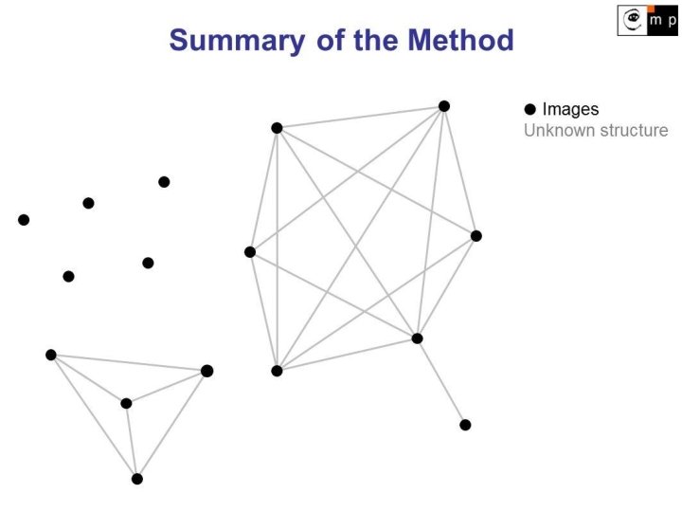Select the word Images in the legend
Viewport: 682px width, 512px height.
(x=570, y=110)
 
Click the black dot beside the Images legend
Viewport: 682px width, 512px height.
(x=530, y=110)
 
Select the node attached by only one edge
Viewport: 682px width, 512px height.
(x=465, y=425)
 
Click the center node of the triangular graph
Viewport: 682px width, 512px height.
(x=126, y=403)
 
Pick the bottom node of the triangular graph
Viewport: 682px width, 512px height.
(x=137, y=479)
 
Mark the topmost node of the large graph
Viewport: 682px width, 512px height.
(x=444, y=106)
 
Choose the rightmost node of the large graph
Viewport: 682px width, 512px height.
(x=476, y=236)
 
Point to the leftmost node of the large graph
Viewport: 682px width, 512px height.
(x=250, y=252)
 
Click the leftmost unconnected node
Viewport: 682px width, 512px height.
(x=24, y=220)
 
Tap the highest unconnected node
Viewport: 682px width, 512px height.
(x=164, y=182)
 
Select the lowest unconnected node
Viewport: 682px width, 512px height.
(x=68, y=277)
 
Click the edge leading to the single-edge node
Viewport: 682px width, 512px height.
(x=441, y=382)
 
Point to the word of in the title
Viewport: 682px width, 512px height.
(x=328, y=40)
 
